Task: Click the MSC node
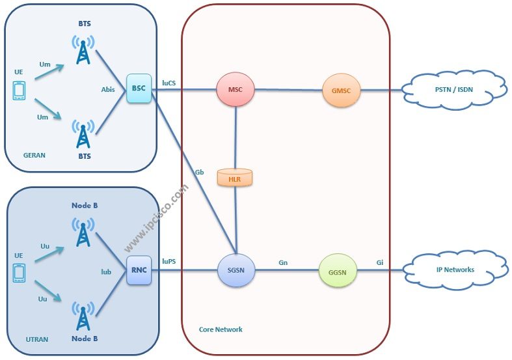click(236, 90)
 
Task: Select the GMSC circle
click(340, 90)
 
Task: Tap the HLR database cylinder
click(236, 178)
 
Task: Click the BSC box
click(139, 89)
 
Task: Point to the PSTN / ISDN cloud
click(454, 90)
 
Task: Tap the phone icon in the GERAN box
click(19, 90)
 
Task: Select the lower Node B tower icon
click(83, 315)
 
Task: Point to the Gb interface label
click(199, 173)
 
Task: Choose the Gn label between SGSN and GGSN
click(283, 262)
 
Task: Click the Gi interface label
click(380, 262)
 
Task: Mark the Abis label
click(108, 90)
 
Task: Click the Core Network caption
click(221, 329)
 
